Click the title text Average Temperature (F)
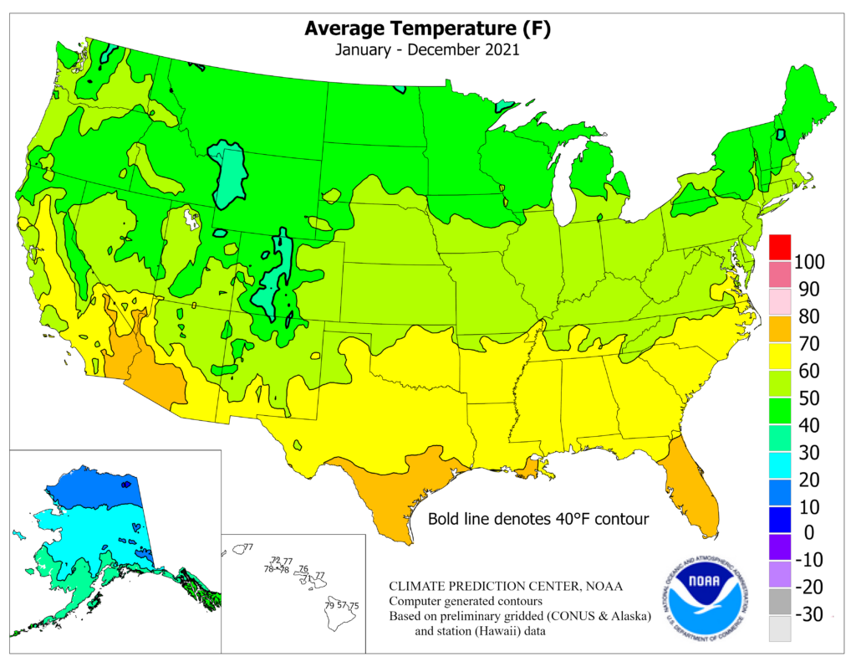pos(427,28)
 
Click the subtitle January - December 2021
pos(427,49)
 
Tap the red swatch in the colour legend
pos(779,247)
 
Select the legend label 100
pos(808,262)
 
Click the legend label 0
pos(808,533)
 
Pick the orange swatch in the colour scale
pos(779,329)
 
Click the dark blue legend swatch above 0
pos(779,519)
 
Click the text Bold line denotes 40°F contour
pos(538,519)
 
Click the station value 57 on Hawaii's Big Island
pos(342,604)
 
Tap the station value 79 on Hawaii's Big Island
pos(330,604)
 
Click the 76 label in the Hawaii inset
pos(303,568)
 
